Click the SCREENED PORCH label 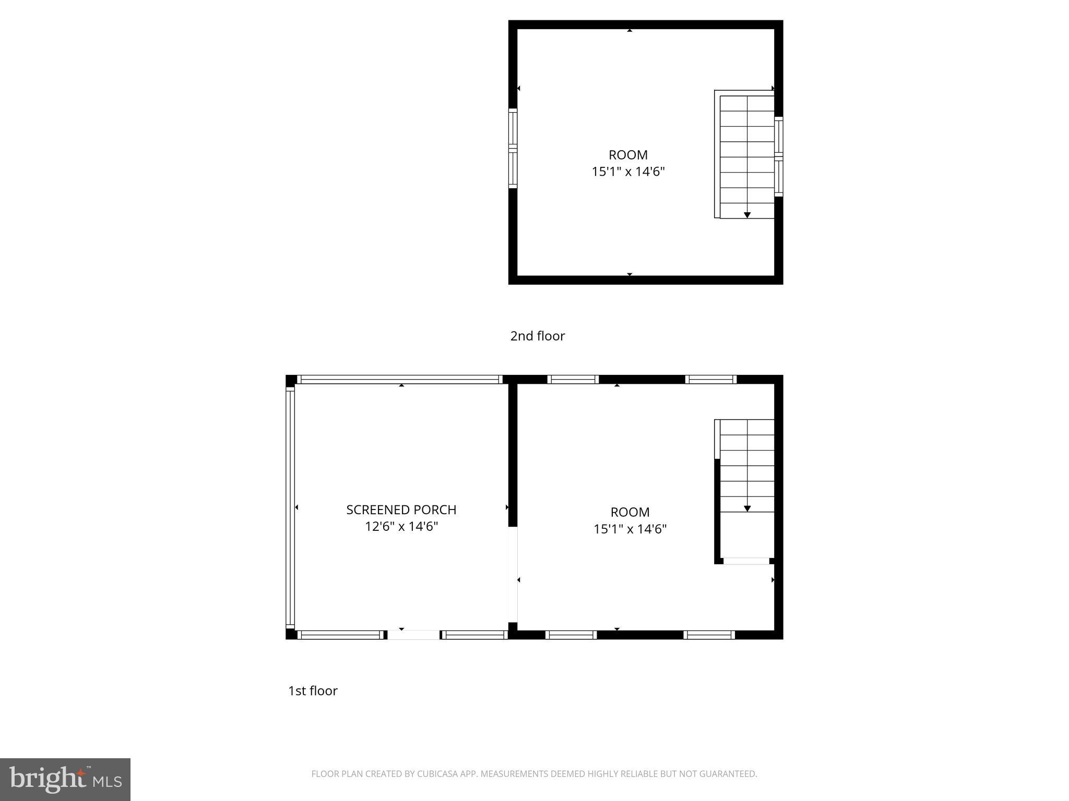(x=401, y=509)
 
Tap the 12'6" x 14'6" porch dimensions (x=401, y=527)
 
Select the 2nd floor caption (x=537, y=336)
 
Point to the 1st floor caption (x=313, y=690)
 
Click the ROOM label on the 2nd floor (x=628, y=155)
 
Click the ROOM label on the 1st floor (x=630, y=512)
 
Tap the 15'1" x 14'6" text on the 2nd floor (x=628, y=172)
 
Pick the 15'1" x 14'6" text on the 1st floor (x=630, y=529)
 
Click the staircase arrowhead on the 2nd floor (x=747, y=215)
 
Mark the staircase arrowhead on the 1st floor (x=747, y=508)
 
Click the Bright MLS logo (x=65, y=779)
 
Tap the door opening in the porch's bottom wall (x=413, y=635)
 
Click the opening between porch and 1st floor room (x=513, y=575)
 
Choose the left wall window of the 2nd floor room (x=513, y=148)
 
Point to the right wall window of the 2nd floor (x=778, y=156)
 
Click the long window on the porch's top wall (x=399, y=379)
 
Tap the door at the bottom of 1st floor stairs (x=746, y=561)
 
